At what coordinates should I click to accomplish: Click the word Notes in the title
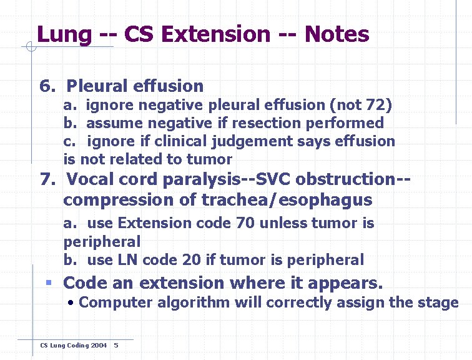[x=337, y=34]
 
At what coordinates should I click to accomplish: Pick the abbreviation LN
[x=125, y=259]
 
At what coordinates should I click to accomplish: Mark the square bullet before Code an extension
[x=48, y=283]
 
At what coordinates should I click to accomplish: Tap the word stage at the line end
[x=441, y=303]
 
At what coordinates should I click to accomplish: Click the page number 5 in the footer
[x=116, y=346]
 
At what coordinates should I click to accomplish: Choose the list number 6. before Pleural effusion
[x=47, y=86]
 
